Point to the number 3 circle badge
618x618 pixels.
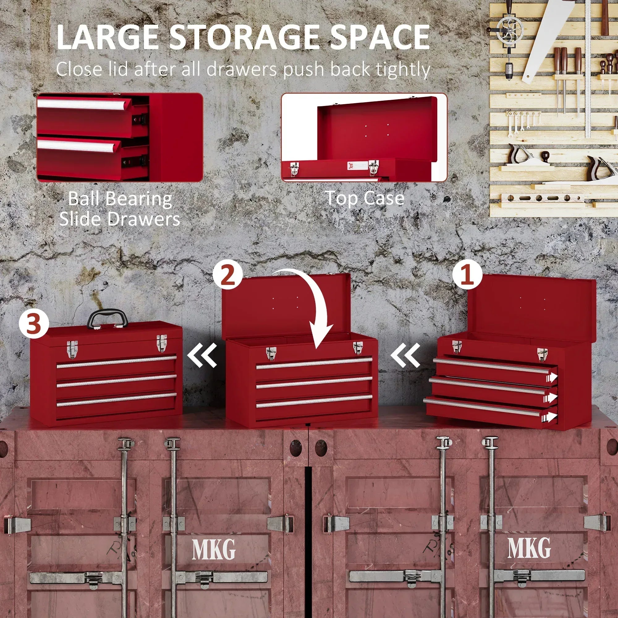(x=34, y=324)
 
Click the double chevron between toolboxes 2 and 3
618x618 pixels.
(x=202, y=355)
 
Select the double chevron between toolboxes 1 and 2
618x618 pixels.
(x=405, y=355)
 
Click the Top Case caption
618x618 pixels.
(x=365, y=198)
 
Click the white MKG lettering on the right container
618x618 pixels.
(x=529, y=548)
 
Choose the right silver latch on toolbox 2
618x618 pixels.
(x=358, y=347)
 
